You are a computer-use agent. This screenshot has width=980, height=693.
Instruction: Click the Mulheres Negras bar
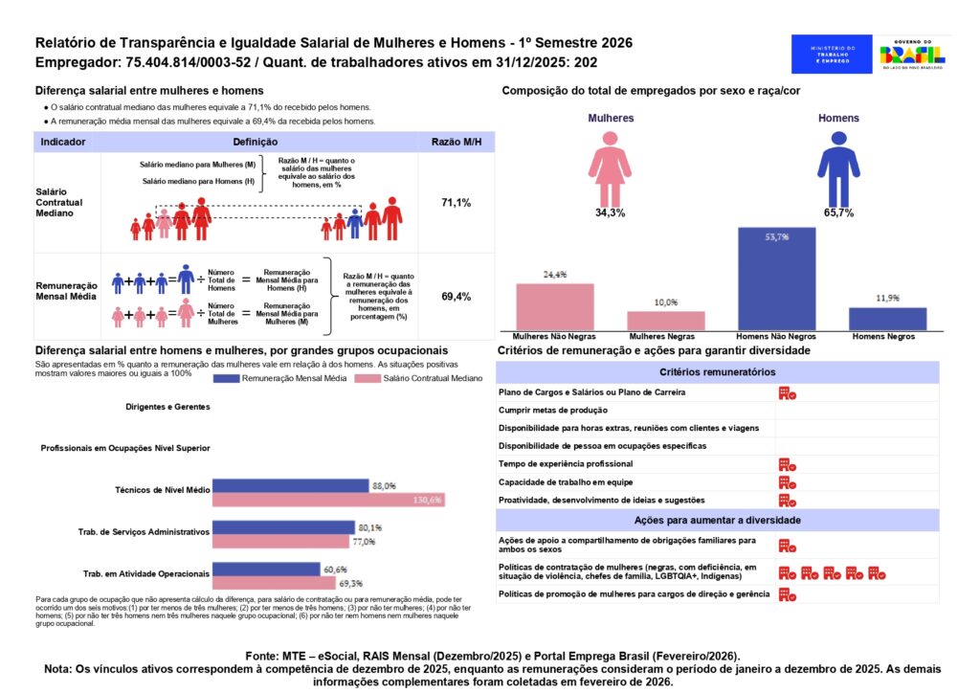click(x=666, y=321)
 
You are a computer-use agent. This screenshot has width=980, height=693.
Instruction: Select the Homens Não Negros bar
click(x=776, y=279)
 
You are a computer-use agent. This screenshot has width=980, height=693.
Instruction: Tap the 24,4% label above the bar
click(x=555, y=275)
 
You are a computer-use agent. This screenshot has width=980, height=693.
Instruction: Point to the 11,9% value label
click(x=887, y=299)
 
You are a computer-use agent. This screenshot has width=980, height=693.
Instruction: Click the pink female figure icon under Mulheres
click(x=610, y=168)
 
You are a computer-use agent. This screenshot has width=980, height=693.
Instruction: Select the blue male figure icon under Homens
click(x=837, y=168)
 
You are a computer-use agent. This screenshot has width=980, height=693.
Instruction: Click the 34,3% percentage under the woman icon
click(x=610, y=212)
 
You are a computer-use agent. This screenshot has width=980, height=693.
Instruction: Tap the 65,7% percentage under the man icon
click(x=837, y=212)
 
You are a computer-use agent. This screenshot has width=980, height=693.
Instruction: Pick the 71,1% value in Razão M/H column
click(x=456, y=203)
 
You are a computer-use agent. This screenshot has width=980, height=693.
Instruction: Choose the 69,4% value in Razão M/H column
click(x=456, y=297)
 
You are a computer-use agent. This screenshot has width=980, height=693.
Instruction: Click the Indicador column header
click(x=64, y=142)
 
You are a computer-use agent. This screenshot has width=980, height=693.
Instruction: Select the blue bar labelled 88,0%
click(x=290, y=485)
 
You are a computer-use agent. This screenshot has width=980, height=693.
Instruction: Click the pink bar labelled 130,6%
click(x=326, y=500)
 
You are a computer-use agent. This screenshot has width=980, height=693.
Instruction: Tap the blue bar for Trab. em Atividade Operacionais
click(x=266, y=569)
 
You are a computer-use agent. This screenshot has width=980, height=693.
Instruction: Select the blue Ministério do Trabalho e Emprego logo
click(x=832, y=54)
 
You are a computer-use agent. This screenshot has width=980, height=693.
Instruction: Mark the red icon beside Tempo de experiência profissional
click(x=787, y=464)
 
